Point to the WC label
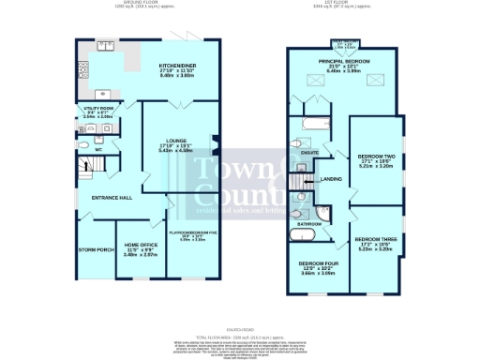(x=98, y=149)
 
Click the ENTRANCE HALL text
(x=110, y=198)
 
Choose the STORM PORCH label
(x=94, y=249)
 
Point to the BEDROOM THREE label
(x=374, y=241)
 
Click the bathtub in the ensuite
(x=310, y=123)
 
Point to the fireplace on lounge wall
(x=215, y=142)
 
